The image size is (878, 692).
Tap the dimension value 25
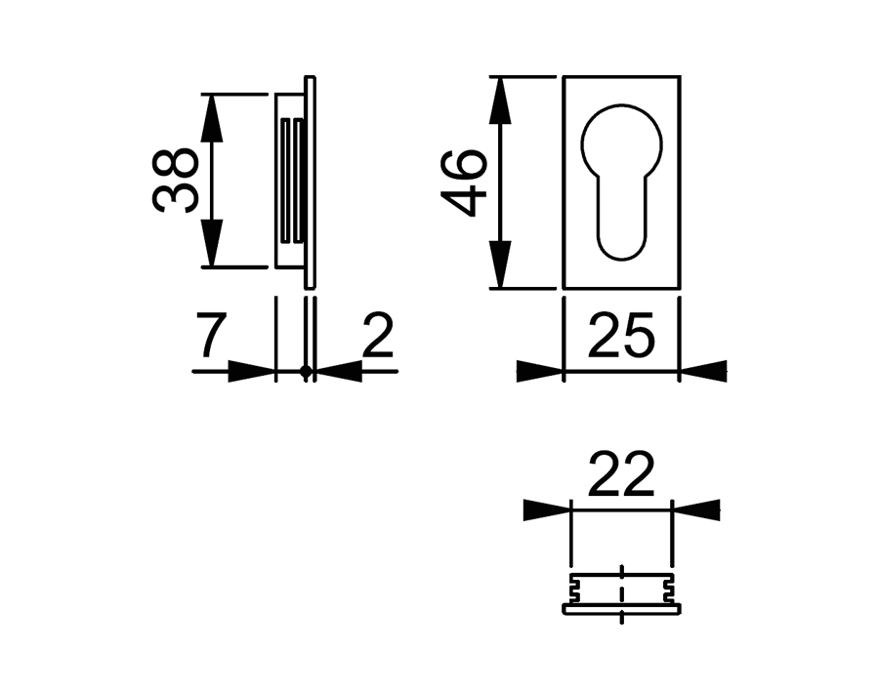621,338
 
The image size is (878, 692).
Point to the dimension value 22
621,477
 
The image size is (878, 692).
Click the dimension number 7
211,338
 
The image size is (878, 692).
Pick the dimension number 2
377,338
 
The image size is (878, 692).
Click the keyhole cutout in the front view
621,176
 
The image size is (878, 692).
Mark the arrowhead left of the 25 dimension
541,371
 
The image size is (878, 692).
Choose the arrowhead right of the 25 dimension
703,371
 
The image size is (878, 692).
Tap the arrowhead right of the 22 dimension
695,509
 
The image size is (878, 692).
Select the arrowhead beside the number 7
251,371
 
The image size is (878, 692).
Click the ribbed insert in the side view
291,181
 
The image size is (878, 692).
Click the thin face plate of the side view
311,181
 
